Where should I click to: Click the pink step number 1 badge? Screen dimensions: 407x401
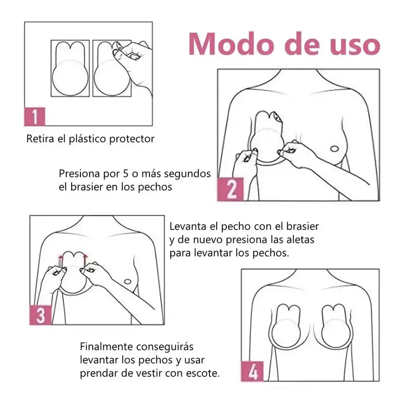coord(35,116)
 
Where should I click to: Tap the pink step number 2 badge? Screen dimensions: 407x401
coord(230,190)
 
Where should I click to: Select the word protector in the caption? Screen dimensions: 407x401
coord(133,139)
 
